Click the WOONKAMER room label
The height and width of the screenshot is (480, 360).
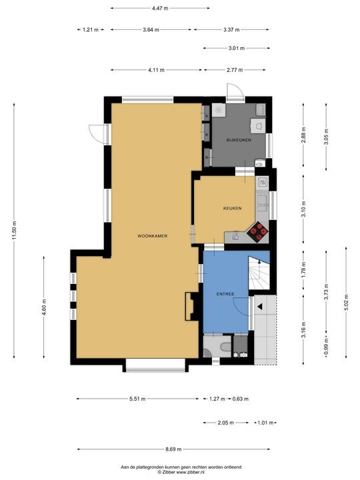pos(153,236)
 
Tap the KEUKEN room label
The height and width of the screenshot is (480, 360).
pos(233,208)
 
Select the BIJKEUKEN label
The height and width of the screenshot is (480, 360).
pos(239,140)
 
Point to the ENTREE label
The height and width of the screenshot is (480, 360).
pos(225,294)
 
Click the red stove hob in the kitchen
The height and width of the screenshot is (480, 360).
pos(257,233)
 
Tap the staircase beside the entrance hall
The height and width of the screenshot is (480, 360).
pos(259,273)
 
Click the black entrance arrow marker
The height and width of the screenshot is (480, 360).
pos(260,307)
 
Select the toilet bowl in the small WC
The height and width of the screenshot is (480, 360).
pos(226,347)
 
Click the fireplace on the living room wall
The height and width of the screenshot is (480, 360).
pos(190,307)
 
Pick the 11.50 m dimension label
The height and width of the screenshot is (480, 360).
pos(14,231)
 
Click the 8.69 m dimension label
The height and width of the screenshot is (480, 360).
pos(173,449)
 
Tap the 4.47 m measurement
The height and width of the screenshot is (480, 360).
pos(160,8)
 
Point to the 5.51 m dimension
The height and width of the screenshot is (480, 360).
pos(137,399)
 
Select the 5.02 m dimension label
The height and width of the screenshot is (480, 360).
pos(346,302)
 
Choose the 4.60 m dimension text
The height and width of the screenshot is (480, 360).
pos(44,307)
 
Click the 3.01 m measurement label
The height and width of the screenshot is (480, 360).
pos(237,48)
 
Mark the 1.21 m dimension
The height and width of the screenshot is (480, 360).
pos(91,30)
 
